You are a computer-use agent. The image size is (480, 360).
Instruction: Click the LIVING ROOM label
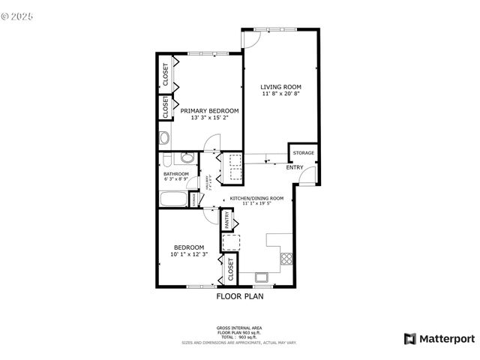click(281, 86)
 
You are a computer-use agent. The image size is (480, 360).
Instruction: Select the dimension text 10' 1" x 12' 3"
click(189, 255)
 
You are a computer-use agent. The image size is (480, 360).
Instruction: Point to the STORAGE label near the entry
click(303, 153)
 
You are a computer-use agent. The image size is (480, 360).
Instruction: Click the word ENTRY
click(295, 167)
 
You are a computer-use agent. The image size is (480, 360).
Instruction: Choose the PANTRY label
click(226, 220)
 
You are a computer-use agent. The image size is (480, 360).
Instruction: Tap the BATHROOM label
click(176, 174)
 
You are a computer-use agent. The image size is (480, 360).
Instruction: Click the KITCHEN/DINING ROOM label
click(256, 198)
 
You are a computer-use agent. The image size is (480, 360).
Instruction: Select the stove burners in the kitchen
click(286, 258)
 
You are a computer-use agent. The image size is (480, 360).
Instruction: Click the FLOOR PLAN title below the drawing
click(240, 296)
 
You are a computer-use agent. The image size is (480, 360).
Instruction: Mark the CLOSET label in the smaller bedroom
click(230, 270)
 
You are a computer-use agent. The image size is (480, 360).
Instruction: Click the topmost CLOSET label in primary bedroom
click(164, 73)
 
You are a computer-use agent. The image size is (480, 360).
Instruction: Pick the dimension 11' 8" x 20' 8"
click(281, 94)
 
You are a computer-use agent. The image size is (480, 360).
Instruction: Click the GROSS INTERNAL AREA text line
click(239, 328)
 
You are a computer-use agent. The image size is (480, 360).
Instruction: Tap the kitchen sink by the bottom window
click(262, 277)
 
